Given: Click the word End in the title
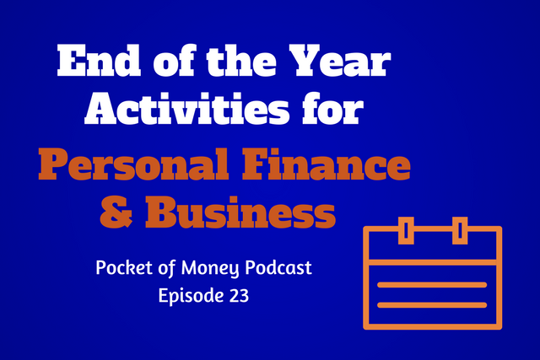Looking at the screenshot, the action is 100,61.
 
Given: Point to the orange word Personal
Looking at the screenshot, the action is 133,164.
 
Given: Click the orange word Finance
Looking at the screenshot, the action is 327,164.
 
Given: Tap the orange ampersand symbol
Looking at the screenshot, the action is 116,212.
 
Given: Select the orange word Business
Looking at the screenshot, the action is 240,212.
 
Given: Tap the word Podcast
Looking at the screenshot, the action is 278,268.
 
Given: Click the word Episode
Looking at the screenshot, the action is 189,295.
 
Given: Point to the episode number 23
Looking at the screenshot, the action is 238,295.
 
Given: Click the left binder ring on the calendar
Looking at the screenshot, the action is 406,231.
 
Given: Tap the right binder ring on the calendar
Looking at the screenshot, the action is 460,231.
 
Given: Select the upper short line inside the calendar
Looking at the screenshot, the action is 432,285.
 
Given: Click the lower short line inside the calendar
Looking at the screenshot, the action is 432,305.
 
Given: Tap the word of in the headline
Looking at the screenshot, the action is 175,61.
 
